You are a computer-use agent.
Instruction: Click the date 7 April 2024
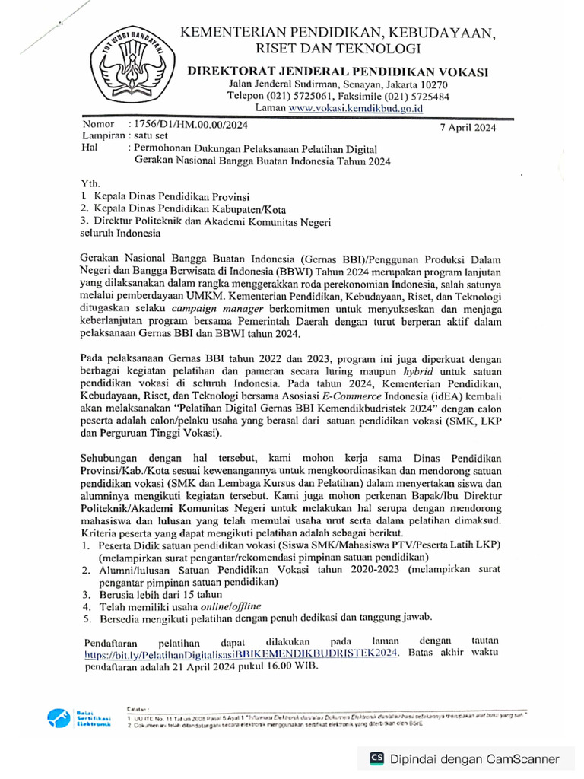pos(468,128)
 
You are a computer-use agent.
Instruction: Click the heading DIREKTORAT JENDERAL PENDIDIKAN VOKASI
pos(338,72)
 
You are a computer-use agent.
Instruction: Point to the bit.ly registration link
pos(241,653)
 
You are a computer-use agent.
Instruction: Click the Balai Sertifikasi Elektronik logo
pos(68,717)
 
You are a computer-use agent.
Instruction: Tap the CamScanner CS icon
pos(376,758)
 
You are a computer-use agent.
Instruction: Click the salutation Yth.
pos(89,184)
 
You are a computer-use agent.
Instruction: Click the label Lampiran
pos(100,136)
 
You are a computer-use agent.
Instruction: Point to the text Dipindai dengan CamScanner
pos(475,758)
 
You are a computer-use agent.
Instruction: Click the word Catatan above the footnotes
pos(138,707)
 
